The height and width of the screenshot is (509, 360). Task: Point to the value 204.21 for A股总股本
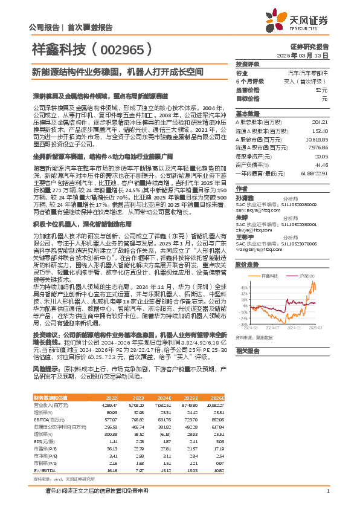(320, 123)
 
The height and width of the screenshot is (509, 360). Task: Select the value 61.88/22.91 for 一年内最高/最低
(315, 173)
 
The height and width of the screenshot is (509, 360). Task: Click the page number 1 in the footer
(327, 490)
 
